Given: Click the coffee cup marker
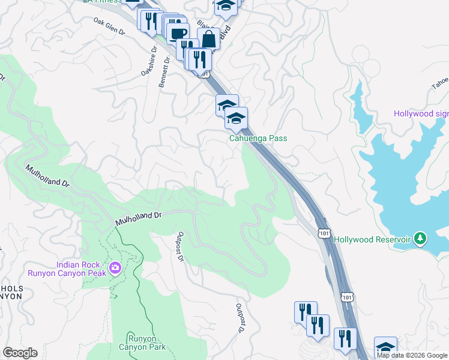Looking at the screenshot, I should tap(177, 34).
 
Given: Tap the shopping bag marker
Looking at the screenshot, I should tap(208, 39).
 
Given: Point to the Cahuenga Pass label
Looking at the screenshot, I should tap(258, 138).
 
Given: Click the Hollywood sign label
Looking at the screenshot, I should tap(421, 114).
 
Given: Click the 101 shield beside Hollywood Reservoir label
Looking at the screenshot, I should tap(324, 232).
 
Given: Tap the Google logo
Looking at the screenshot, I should tap(20, 353).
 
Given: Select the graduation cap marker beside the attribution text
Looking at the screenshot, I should tap(385, 347).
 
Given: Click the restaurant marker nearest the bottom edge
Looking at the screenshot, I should tap(345, 338).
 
